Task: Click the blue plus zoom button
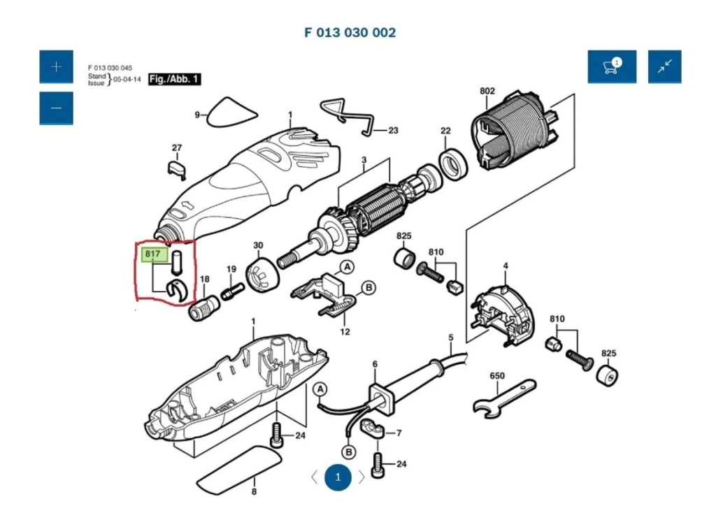pos(56,66)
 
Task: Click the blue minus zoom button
pos(56,108)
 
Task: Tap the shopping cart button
pos(612,66)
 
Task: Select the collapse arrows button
pos(664,66)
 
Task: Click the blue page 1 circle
pos(338,477)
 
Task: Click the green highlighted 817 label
pos(152,255)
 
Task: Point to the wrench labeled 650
pos(503,399)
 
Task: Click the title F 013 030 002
pos(350,32)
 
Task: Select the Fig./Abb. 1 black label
pos(175,80)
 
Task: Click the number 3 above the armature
pos(364,160)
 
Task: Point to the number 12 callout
pos(345,332)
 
